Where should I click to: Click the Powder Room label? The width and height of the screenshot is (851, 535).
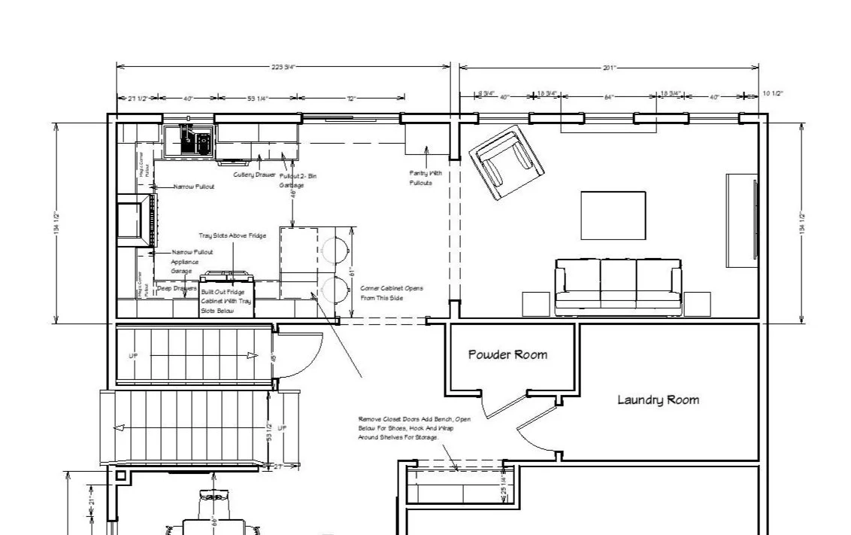click(x=507, y=354)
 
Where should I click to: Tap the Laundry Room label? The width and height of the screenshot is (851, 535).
click(x=658, y=400)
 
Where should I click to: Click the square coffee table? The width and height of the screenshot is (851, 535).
click(x=613, y=214)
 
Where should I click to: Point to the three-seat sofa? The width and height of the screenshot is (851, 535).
click(x=618, y=287)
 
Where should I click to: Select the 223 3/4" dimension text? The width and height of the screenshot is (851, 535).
click(x=283, y=67)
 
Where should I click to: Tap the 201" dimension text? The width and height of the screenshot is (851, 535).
click(x=609, y=67)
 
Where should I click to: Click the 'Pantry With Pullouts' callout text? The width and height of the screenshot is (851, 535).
click(x=425, y=178)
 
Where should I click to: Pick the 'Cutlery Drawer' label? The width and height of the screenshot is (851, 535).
click(x=254, y=175)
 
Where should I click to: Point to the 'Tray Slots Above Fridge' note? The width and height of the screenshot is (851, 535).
click(x=232, y=236)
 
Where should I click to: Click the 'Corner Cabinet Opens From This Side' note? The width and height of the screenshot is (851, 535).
click(x=392, y=293)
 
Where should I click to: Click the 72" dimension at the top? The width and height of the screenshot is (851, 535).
click(x=351, y=98)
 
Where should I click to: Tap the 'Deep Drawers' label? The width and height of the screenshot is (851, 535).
click(x=177, y=287)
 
